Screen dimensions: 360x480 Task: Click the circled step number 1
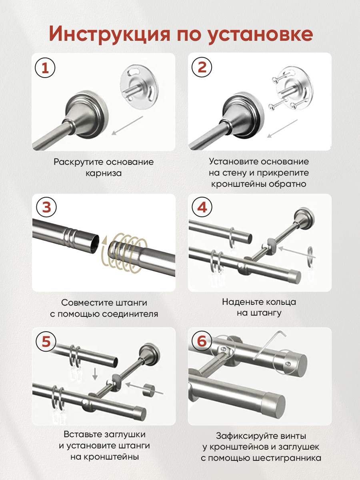(x=45, y=68)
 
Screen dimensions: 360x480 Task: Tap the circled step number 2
(x=202, y=67)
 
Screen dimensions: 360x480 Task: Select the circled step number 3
(x=46, y=207)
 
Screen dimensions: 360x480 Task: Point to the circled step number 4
(x=202, y=207)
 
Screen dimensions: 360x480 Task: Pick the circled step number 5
(x=46, y=341)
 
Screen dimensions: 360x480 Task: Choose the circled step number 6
(x=202, y=341)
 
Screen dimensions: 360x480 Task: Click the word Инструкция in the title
(x=110, y=34)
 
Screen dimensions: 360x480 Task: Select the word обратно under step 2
(x=287, y=184)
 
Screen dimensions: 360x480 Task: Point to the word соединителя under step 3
(x=130, y=314)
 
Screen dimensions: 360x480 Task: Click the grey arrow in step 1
(x=127, y=126)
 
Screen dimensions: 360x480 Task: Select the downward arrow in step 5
(x=95, y=374)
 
